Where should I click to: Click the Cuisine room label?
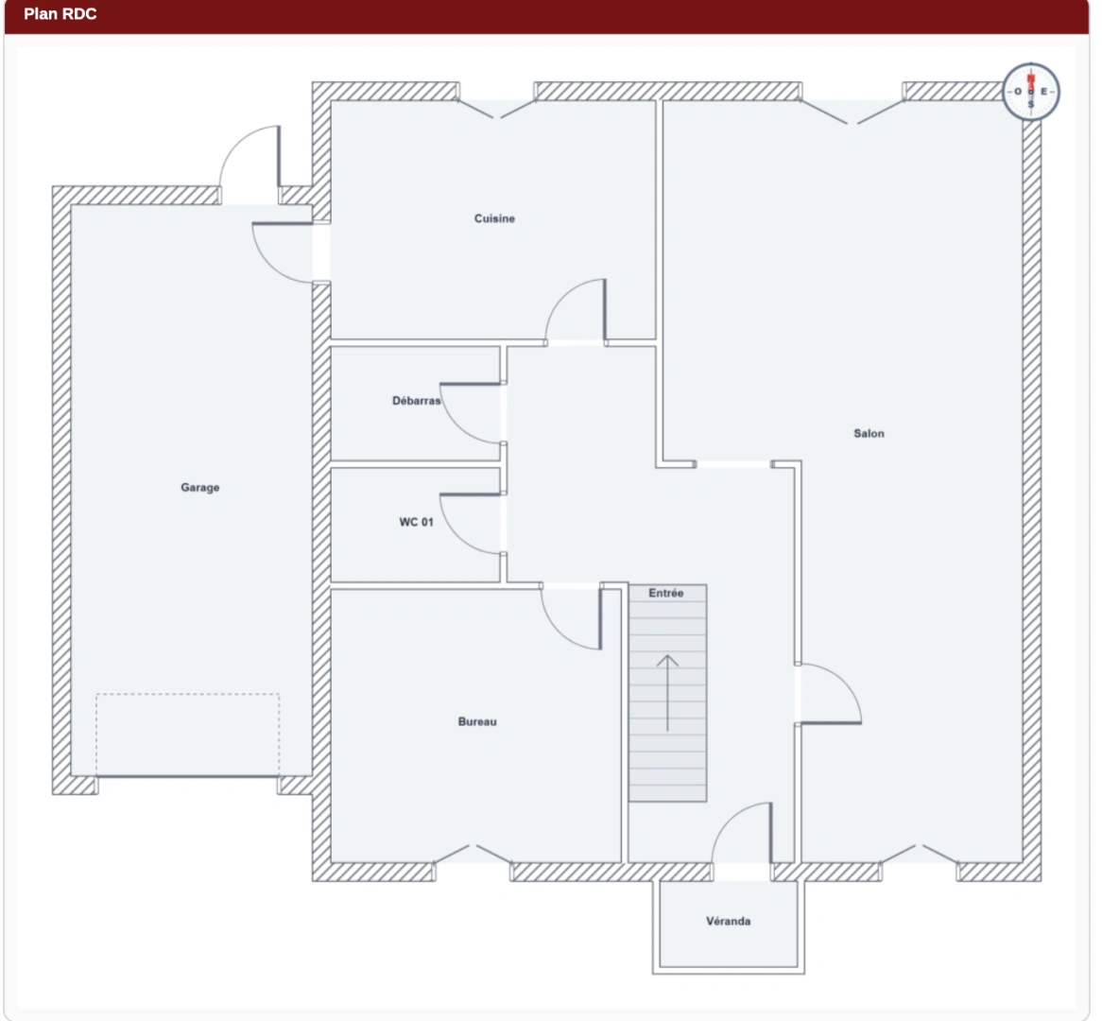(494, 218)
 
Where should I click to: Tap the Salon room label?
(869, 434)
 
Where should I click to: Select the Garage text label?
(200, 487)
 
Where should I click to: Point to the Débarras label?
(416, 401)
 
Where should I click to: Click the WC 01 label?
(416, 522)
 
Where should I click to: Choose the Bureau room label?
(477, 721)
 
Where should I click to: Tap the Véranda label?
(728, 921)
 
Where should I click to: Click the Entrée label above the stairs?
(665, 593)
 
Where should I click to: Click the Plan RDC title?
(60, 14)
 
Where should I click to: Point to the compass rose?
(1031, 92)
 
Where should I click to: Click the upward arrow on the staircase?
(667, 693)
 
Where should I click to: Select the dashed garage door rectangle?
(188, 735)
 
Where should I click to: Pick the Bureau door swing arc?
(559, 630)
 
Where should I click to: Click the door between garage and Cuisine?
(270, 265)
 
